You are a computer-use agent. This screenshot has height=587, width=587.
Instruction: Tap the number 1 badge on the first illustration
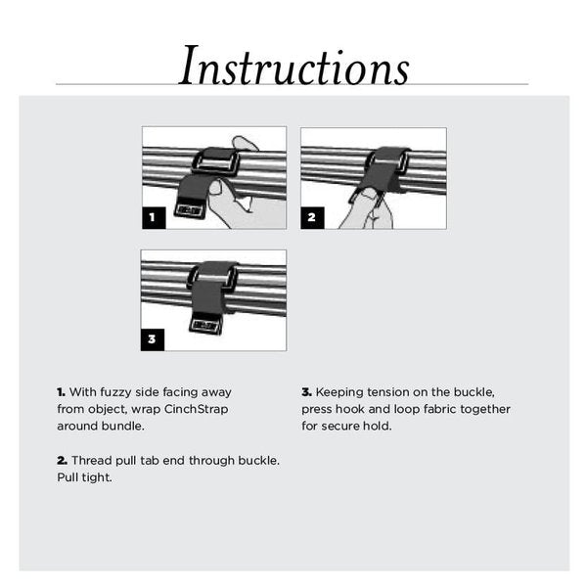(153, 217)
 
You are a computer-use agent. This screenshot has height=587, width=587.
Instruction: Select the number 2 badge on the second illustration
(312, 217)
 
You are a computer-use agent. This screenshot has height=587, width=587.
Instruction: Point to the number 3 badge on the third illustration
(153, 339)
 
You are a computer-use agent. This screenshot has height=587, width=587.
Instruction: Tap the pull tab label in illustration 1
(191, 208)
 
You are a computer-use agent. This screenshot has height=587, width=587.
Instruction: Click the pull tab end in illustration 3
(206, 325)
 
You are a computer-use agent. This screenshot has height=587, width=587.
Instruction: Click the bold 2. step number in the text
(62, 460)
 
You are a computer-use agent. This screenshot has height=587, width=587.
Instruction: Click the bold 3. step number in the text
(307, 392)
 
